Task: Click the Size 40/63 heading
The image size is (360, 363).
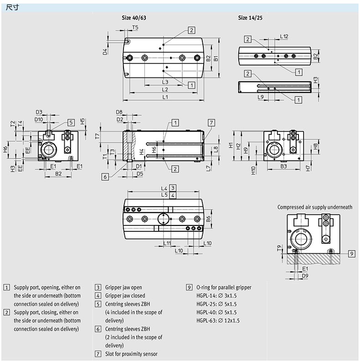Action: tap(134, 18)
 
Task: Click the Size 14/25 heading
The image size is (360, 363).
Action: tap(250, 18)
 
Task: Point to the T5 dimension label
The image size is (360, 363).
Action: tap(135, 28)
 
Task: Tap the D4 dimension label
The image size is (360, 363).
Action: tap(104, 51)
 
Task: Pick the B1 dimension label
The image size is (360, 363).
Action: tap(217, 58)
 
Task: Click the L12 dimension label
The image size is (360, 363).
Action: tap(284, 36)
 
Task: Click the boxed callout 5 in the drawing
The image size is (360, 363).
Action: tap(71, 122)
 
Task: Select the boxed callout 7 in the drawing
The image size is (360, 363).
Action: tap(211, 122)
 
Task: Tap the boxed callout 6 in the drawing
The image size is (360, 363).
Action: tap(105, 177)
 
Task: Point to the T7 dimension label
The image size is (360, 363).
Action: tap(97, 136)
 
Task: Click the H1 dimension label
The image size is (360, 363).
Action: tap(231, 146)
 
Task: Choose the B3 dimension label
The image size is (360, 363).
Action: tap(283, 167)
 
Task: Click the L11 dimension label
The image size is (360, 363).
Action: tap(167, 243)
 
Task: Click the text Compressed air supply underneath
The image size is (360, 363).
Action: tap(315, 207)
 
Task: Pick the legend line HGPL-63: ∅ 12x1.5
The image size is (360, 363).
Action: tap(218, 320)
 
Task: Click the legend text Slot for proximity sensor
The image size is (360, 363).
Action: tap(131, 354)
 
